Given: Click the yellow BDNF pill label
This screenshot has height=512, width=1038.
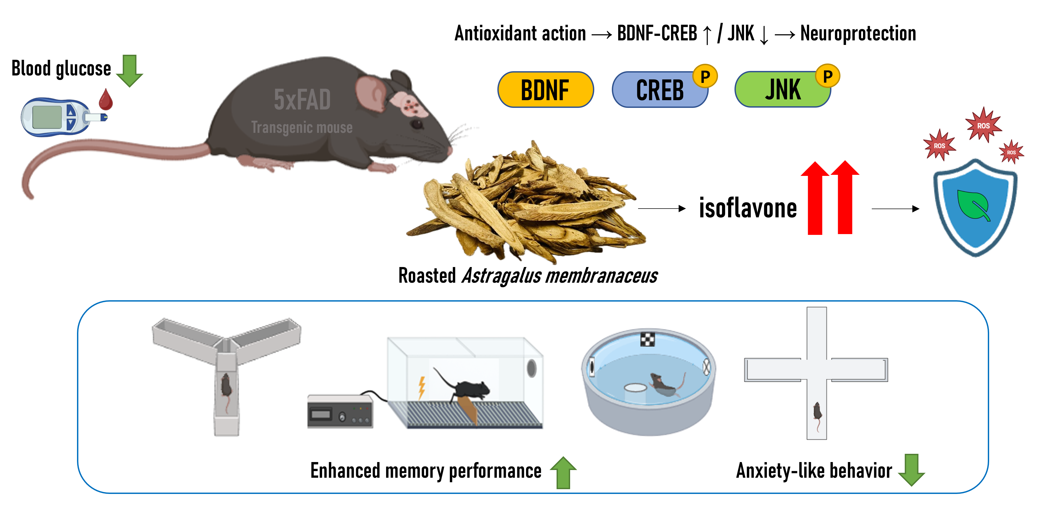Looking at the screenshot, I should pos(545,90).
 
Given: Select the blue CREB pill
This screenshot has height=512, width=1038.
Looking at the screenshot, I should pos(660,90).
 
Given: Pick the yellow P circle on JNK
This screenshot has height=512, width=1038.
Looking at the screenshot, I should pos(828,75).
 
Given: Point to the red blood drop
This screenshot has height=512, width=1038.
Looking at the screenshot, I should pos(106,100).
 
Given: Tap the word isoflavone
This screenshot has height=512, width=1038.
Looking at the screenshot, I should pos(747,208).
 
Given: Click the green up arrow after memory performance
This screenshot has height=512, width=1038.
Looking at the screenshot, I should pos(563,472).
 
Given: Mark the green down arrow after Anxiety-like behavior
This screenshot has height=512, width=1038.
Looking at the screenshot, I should pos(912,470).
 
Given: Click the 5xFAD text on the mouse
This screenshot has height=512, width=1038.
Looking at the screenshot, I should pos(302,100).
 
